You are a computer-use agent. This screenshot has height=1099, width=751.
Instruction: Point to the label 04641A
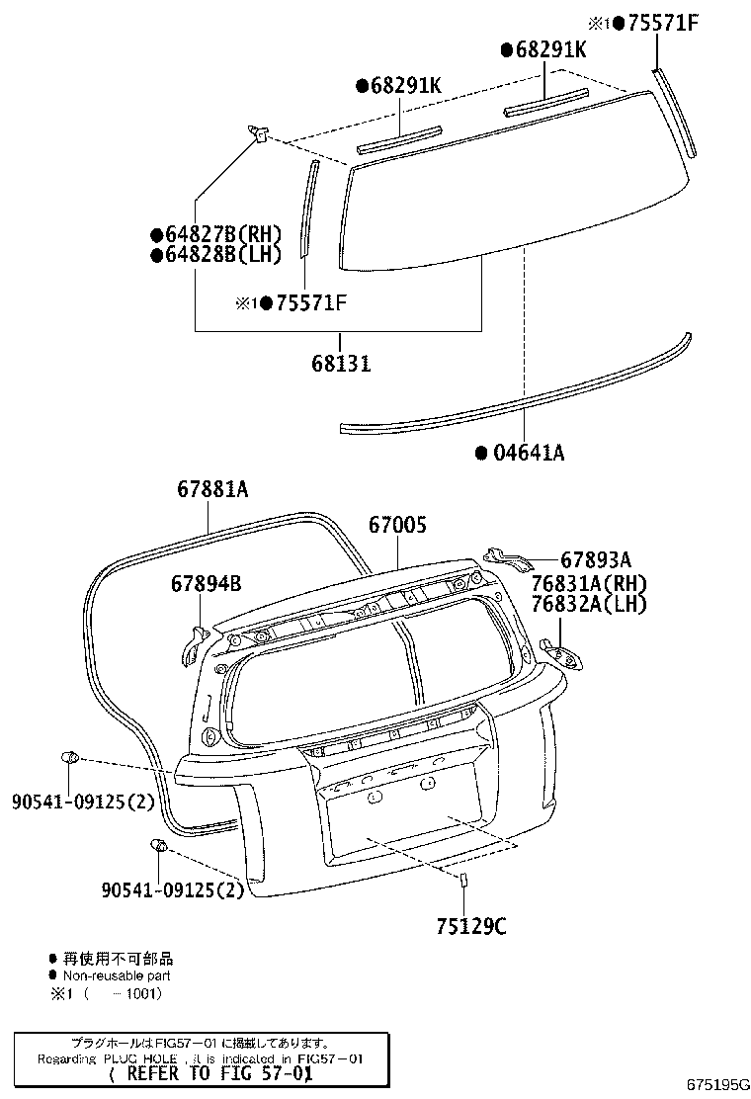coord(528,453)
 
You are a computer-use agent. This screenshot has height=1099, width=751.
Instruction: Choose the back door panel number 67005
coord(398,526)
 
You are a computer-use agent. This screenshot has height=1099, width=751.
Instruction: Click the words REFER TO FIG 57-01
coord(210,1073)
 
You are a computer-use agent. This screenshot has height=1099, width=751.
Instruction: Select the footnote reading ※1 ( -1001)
coord(105,992)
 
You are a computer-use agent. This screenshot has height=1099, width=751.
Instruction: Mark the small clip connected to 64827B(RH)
coord(259,132)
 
